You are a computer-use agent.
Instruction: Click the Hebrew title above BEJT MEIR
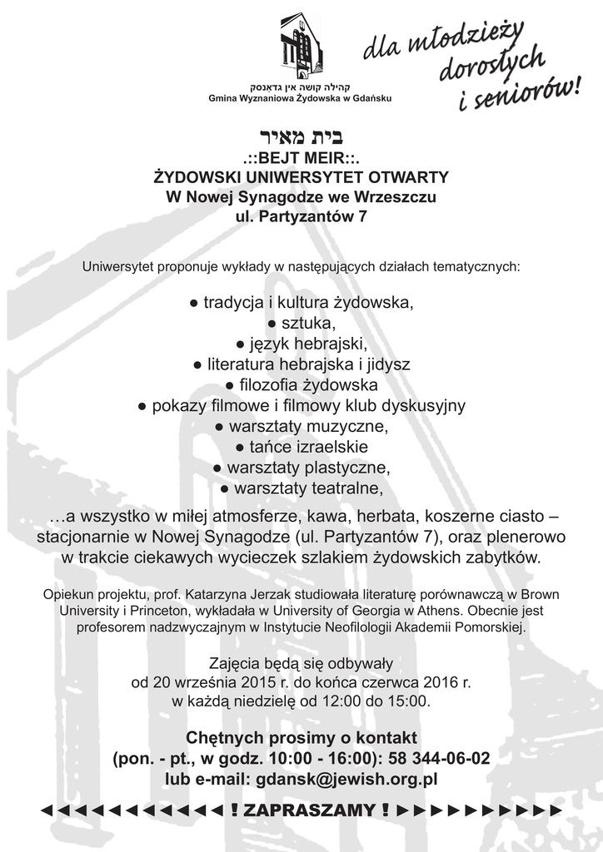[301, 136]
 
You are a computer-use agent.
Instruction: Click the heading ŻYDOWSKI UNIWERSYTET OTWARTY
[301, 177]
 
